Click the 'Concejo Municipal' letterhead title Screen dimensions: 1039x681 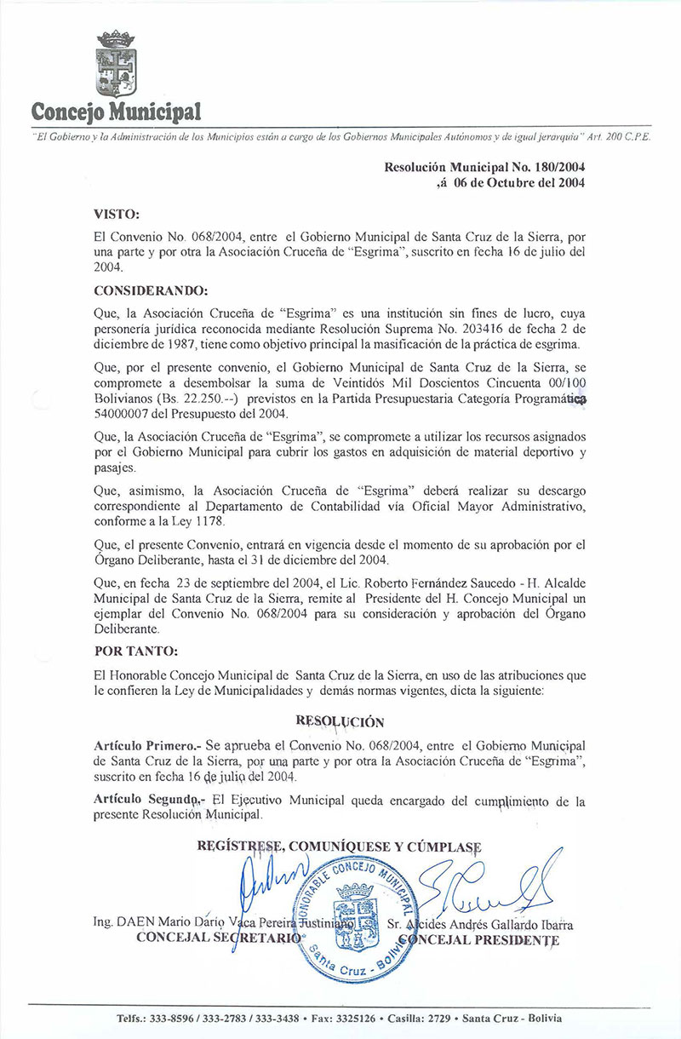click(117, 112)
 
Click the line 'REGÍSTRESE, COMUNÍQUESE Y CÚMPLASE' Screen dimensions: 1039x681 click(339, 847)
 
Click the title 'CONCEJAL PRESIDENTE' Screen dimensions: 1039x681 click(478, 940)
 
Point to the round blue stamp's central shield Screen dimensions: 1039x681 click(356, 910)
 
